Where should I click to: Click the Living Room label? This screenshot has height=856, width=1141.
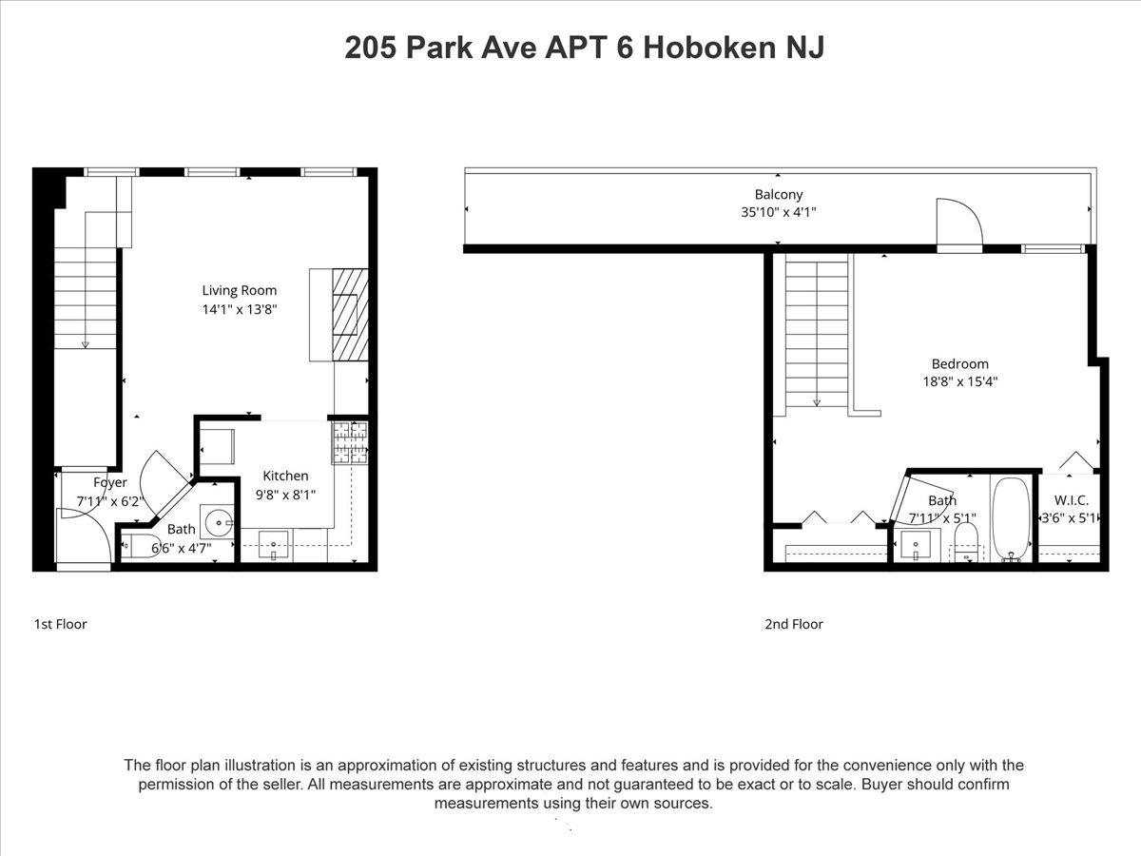(239, 290)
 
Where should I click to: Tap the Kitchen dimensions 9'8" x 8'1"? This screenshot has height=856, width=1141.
(285, 495)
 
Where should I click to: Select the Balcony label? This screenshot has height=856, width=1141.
(778, 194)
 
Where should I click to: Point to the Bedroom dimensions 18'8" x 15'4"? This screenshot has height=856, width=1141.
(959, 381)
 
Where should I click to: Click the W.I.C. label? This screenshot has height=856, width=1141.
(1071, 500)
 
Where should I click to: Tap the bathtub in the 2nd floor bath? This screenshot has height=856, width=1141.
(1011, 519)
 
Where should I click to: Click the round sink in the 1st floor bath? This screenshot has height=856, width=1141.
(219, 522)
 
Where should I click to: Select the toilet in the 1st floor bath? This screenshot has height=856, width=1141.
(142, 546)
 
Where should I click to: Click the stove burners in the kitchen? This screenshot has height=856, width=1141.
(350, 442)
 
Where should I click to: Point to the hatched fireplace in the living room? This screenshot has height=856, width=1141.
(350, 315)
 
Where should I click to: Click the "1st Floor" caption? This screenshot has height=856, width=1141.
(60, 624)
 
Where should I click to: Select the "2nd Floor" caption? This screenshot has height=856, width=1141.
(794, 624)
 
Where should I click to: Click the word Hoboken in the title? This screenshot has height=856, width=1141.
(709, 48)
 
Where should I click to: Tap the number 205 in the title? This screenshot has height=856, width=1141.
(371, 48)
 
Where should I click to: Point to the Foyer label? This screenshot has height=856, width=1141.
(109, 483)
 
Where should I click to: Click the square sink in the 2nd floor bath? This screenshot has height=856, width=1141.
(916, 545)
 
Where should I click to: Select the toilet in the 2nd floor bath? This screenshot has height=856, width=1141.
(966, 542)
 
